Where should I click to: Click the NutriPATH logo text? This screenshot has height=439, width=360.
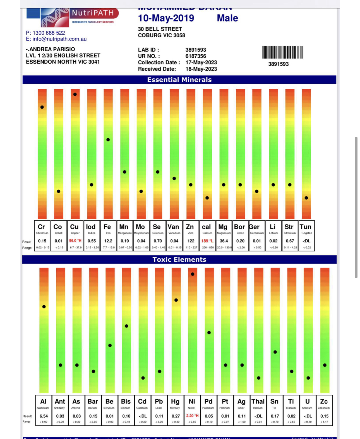click(x=93, y=13)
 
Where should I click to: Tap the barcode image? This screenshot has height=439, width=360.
click(x=282, y=52)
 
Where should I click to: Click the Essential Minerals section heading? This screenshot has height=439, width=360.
click(x=179, y=80)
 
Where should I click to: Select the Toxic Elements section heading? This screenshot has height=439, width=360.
click(x=179, y=260)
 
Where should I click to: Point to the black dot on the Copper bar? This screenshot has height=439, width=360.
click(x=75, y=94)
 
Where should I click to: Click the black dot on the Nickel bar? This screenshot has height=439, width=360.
click(x=193, y=274)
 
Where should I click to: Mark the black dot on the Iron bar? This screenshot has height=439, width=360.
click(x=108, y=140)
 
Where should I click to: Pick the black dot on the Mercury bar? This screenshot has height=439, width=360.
click(x=176, y=300)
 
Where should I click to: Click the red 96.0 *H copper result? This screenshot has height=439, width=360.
click(x=75, y=241)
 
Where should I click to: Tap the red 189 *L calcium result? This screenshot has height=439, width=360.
click(x=207, y=241)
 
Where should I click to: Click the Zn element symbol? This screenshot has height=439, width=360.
click(x=190, y=227)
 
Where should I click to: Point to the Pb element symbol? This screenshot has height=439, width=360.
click(x=159, y=402)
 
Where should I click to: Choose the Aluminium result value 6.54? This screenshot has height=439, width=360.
click(x=44, y=416)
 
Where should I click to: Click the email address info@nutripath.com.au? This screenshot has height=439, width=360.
click(x=59, y=39)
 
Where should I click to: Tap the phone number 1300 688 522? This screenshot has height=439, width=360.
click(x=49, y=33)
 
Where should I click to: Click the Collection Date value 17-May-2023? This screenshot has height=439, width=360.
click(x=201, y=62)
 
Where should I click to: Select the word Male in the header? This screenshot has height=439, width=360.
click(x=227, y=18)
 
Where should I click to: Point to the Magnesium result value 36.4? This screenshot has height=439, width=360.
click(x=224, y=241)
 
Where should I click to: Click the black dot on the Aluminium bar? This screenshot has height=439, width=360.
click(x=44, y=307)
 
